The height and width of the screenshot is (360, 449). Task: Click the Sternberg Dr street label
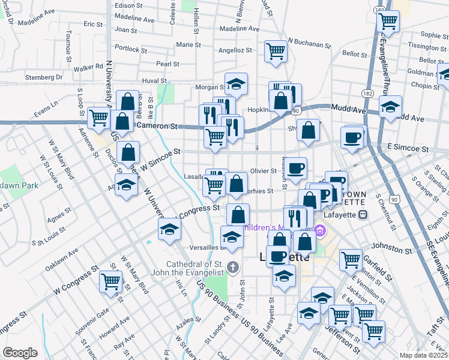(x=44, y=77)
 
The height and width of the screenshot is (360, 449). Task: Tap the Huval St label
(x=154, y=80)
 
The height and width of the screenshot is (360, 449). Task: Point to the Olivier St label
(x=263, y=171)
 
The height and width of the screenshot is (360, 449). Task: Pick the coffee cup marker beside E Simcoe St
(x=352, y=137)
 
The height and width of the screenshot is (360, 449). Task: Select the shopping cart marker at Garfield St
(x=351, y=260)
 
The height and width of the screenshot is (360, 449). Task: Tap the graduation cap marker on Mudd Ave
(x=391, y=107)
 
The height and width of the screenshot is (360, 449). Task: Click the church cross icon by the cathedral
(x=234, y=268)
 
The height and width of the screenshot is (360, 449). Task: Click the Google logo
(x=20, y=353)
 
